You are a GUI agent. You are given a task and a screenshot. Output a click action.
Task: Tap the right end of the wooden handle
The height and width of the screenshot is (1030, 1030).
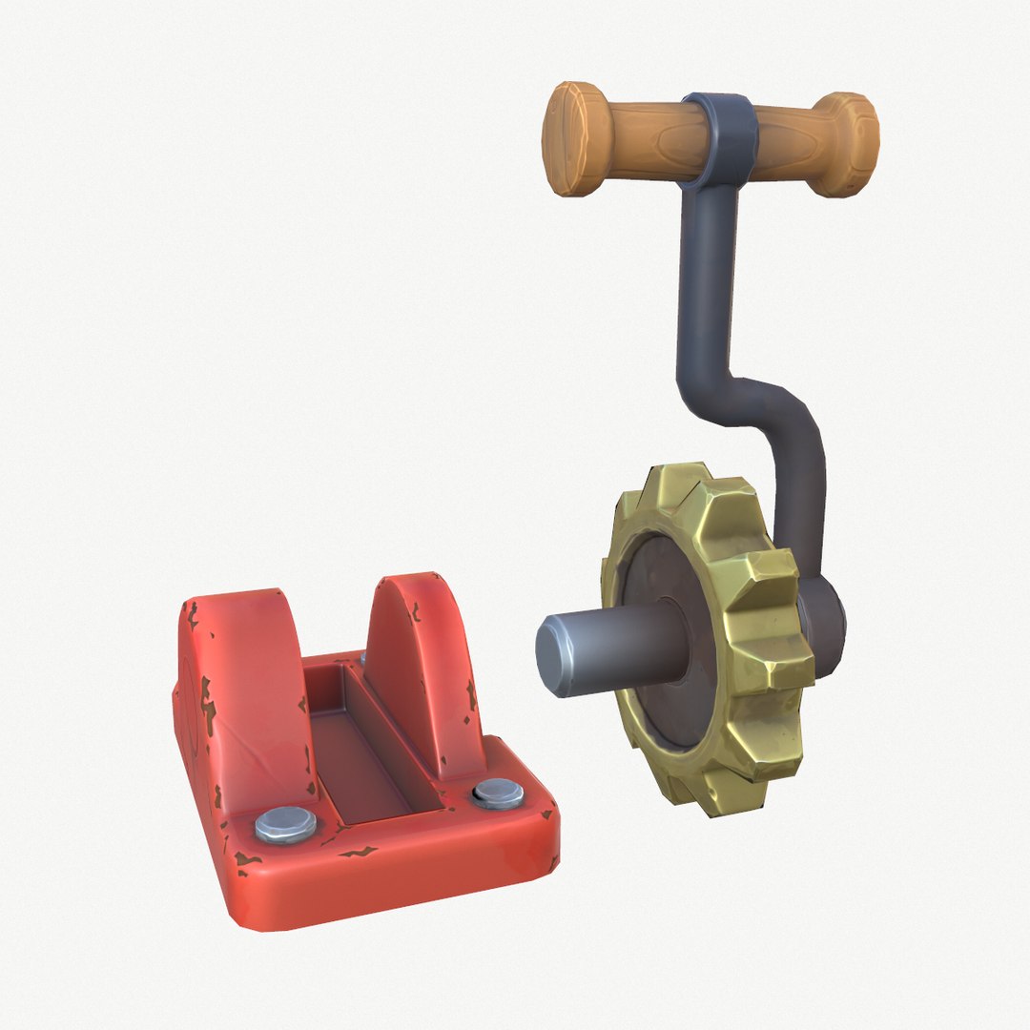click(x=853, y=144)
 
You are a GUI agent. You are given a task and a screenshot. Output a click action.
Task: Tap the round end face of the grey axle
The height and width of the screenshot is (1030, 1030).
click(x=553, y=656)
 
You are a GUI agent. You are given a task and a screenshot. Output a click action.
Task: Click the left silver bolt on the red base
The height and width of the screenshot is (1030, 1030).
click(x=285, y=824)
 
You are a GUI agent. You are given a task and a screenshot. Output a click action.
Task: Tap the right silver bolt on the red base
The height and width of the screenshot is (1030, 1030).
click(x=498, y=793)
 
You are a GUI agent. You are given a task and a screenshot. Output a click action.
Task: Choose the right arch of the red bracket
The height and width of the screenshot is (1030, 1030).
click(x=420, y=658)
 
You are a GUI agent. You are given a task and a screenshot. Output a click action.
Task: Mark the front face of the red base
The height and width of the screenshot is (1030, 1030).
click(x=401, y=887)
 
